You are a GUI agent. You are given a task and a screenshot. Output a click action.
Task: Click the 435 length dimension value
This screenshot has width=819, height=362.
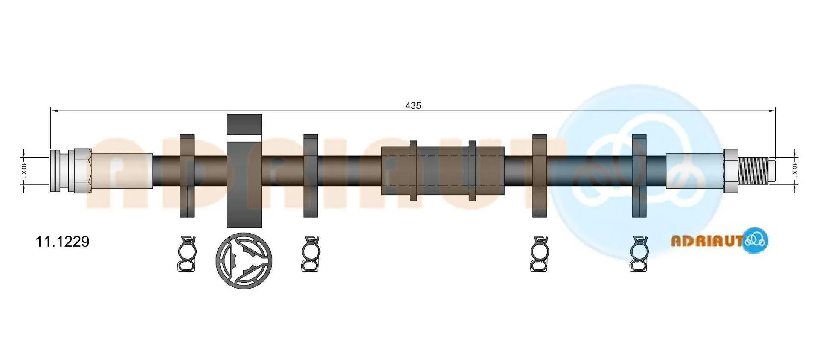(413, 105)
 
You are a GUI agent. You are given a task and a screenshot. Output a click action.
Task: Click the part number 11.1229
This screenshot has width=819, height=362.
(62, 242)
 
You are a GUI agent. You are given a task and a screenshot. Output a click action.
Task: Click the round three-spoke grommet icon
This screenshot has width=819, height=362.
(244, 260)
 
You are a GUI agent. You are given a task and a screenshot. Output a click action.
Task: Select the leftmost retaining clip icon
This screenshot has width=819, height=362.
(187, 254)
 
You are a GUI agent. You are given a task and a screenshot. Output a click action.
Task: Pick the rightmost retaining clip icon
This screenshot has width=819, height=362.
(639, 254)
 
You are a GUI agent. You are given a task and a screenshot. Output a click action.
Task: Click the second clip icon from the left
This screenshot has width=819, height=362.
(311, 254)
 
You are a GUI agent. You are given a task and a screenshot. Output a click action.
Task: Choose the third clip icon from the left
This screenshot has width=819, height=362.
(540, 254)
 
